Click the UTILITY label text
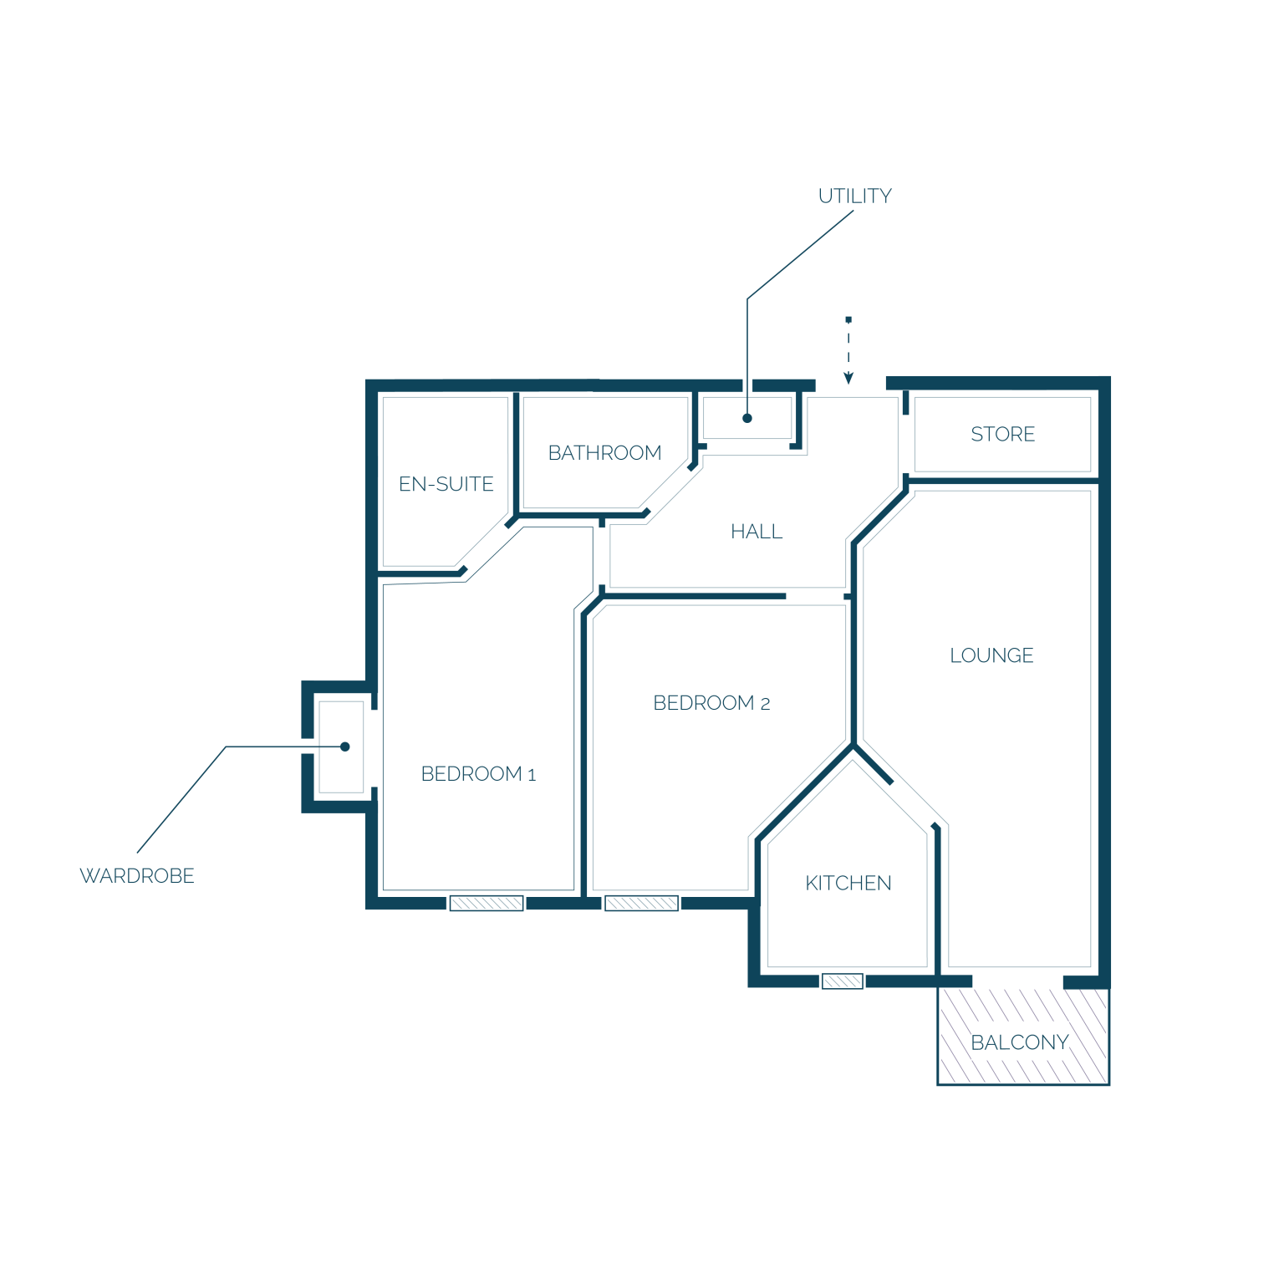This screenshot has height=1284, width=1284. coord(854,196)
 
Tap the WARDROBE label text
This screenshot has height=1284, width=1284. coord(137,875)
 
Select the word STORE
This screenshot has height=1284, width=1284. coord(1002,434)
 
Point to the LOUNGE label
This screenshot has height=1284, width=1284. coord(991,655)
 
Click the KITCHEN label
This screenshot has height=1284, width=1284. coord(848,883)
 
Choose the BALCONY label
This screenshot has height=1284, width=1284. coord(1019,1042)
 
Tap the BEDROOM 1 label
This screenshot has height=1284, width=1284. coord(478,774)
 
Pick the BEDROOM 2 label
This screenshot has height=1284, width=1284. coord(711,703)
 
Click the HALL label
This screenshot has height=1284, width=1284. coord(757,532)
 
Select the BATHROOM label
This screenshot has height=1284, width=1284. coord(604,453)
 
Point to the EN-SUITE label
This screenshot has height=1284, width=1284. coord(446,484)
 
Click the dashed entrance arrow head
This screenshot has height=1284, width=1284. coord(848,379)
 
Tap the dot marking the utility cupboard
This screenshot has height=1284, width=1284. coord(747,418)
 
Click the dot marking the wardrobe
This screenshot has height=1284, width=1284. coord(345,746)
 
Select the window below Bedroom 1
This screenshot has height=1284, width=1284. coord(487,903)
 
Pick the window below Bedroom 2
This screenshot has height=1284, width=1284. coord(641,903)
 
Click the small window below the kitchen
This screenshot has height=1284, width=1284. coord(842,981)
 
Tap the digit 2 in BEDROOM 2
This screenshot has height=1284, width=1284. coord(765,705)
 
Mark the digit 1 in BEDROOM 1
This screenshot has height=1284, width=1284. coord(532,776)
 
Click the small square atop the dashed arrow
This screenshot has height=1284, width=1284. coord(848,319)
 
